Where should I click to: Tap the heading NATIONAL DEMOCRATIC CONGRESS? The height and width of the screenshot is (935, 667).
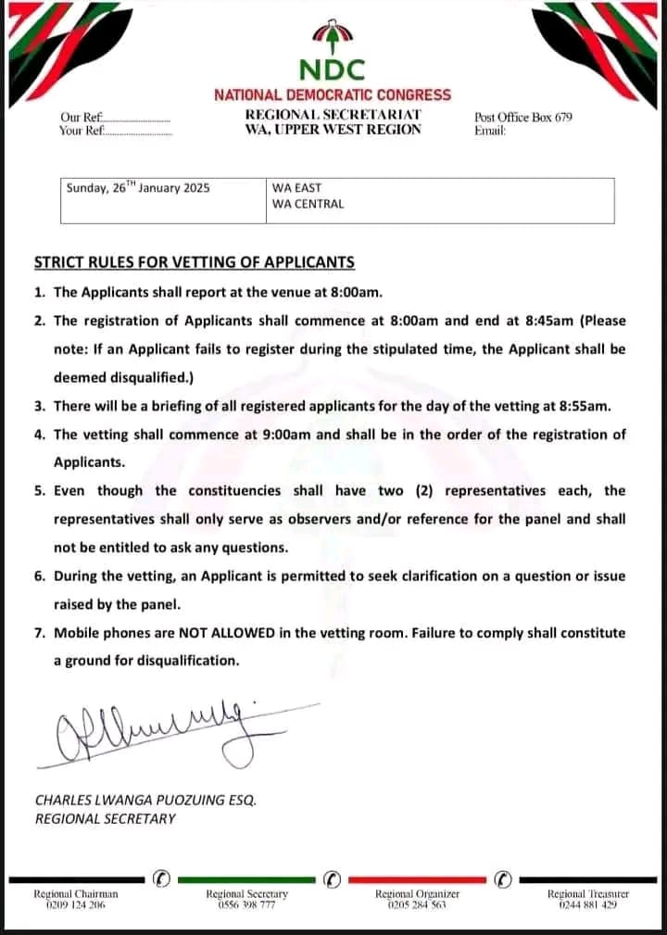(333, 95)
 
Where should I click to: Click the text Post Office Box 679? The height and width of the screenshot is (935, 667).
(523, 118)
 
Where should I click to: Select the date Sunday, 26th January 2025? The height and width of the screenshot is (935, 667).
(138, 187)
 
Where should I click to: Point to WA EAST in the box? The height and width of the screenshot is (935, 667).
(296, 187)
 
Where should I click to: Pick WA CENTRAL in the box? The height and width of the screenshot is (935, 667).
(308, 204)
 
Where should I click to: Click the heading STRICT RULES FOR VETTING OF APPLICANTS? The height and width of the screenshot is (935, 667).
(195, 263)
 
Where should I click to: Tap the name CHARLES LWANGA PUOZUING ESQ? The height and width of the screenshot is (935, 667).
(145, 799)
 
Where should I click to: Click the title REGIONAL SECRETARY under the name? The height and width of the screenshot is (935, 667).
(105, 818)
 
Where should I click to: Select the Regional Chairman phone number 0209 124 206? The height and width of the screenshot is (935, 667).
(76, 904)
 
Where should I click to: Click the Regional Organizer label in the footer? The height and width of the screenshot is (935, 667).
(417, 893)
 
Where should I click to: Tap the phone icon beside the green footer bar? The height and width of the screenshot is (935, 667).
(333, 877)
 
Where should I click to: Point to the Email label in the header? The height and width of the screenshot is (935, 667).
(490, 132)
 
